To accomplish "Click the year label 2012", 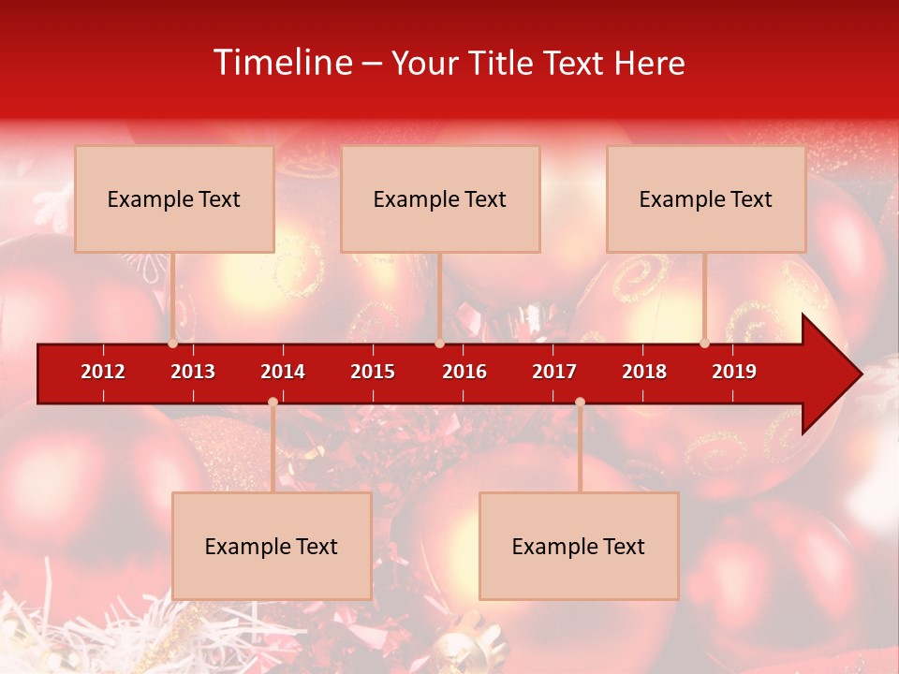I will tap(103, 372).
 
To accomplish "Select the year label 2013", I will tap(193, 372).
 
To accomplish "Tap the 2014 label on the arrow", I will tap(283, 372).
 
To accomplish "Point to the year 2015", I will tap(373, 372).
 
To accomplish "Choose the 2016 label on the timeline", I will tap(464, 372).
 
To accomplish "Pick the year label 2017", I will tap(554, 372).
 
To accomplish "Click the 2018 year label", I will tap(644, 372).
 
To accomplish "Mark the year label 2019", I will tap(734, 372).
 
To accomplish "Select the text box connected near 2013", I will tap(174, 198).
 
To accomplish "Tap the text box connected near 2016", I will tap(440, 198).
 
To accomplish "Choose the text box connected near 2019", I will tap(706, 198).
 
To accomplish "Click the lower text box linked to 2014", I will tap(272, 546).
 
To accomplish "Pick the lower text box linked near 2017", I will tap(579, 546).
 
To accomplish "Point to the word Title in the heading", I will tap(501, 64).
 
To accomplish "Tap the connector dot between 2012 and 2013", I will tap(173, 344).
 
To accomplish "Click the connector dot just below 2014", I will tap(273, 403).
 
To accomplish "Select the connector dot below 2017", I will tap(580, 403).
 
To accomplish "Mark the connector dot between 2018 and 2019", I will tap(704, 344).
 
